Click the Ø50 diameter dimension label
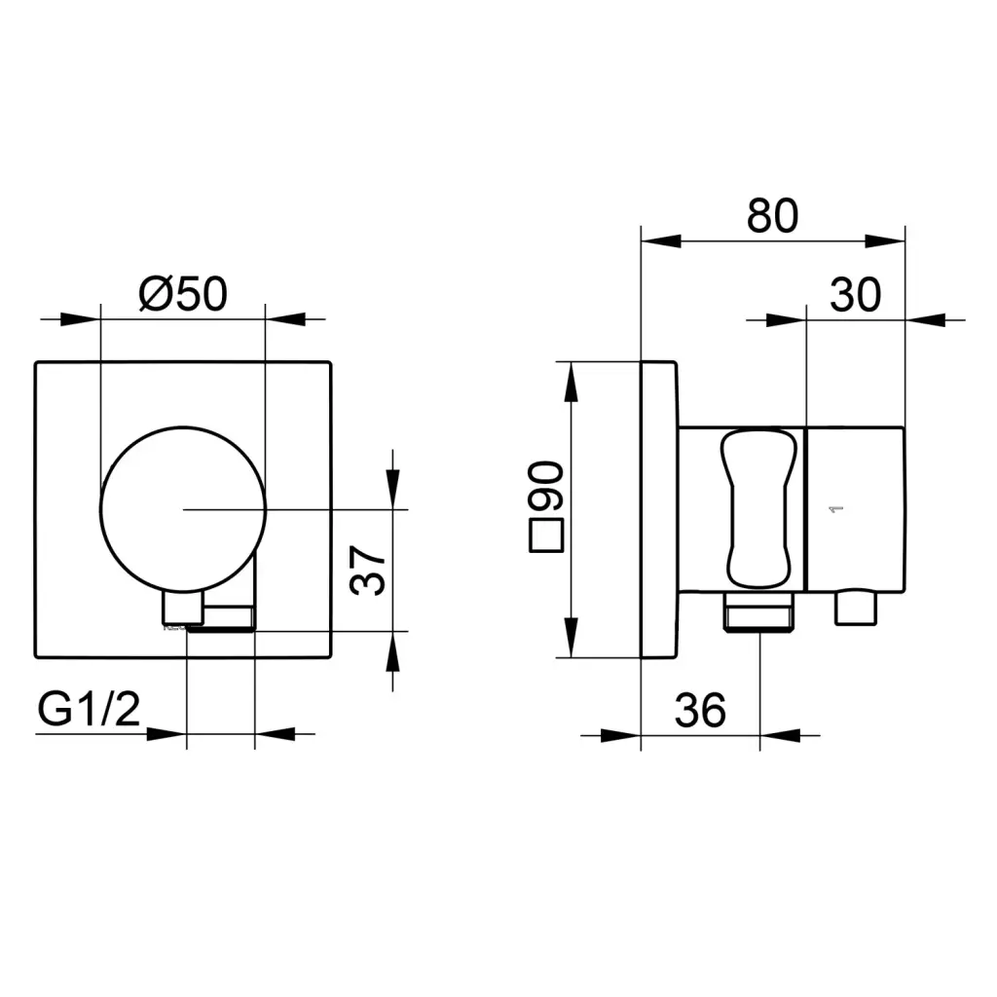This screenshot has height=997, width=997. point(183,293)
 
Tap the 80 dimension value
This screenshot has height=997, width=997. point(772,215)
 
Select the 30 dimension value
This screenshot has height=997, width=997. point(855,294)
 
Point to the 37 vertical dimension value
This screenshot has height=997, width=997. point(367,570)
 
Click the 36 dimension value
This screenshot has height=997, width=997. point(700,710)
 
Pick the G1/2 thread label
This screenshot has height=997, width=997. point(89,709)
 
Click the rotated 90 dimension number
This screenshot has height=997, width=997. point(545,486)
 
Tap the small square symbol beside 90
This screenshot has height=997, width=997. point(546,536)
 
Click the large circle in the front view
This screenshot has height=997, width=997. point(183,427)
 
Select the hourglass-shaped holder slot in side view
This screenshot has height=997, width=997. point(757,509)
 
